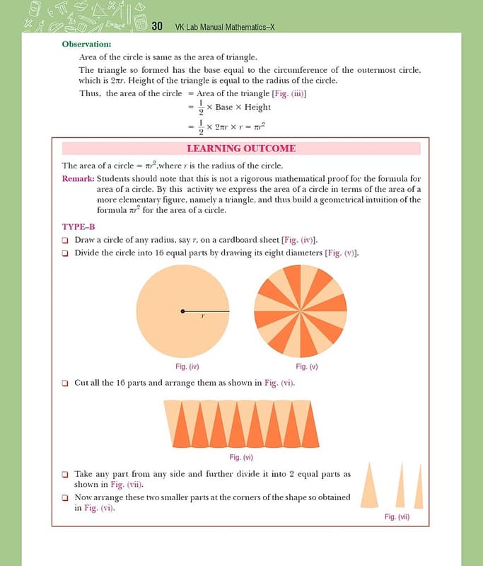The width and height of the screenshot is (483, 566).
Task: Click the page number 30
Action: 158,26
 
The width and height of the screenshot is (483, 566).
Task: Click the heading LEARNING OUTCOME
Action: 241,149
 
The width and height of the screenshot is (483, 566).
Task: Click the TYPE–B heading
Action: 78,226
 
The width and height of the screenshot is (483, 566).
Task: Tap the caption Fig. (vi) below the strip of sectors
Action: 242,458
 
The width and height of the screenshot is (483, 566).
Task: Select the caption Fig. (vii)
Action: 397,517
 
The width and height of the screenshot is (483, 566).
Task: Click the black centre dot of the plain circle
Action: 183,311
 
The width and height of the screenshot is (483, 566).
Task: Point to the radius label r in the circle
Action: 202,317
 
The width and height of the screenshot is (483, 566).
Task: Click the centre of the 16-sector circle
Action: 301,311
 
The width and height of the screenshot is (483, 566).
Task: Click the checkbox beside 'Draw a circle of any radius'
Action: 65,240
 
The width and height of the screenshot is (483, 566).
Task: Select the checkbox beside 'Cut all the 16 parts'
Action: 65,383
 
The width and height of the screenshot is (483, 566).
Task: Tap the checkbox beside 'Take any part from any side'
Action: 65,475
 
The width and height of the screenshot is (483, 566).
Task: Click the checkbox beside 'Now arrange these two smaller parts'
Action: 65,498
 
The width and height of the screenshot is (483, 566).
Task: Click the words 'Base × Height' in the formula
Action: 243,108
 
